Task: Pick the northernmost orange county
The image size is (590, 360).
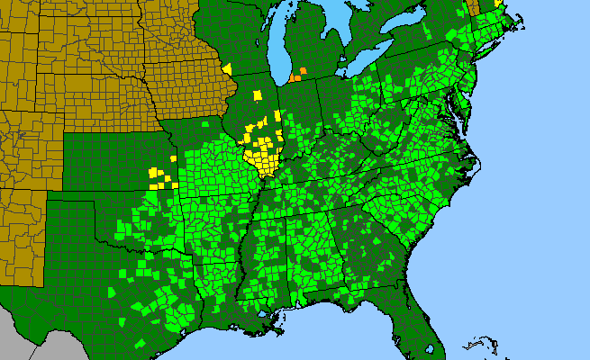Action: [x=304, y=70]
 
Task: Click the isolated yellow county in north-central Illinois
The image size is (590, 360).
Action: [x=258, y=94]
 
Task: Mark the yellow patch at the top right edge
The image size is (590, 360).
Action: [x=497, y=4]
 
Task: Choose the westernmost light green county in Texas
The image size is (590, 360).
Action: [x=112, y=293]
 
